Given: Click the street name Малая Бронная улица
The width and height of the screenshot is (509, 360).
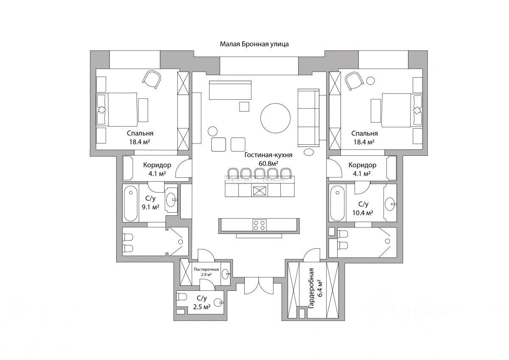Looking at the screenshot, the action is (x=254, y=44).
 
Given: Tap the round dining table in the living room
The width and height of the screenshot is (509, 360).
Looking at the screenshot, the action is (x=276, y=119).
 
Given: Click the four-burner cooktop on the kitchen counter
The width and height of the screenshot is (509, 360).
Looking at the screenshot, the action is (x=260, y=225).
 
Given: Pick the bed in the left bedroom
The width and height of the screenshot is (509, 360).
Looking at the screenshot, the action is (x=122, y=110).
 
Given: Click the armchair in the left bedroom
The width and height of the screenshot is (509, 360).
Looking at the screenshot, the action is (x=152, y=79).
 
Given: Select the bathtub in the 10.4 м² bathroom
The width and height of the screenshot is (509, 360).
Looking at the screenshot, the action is (x=338, y=203).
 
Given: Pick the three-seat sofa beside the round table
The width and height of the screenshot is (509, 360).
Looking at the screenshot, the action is (x=308, y=117).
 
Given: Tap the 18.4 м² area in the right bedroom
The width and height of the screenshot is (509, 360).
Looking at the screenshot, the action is (x=364, y=142).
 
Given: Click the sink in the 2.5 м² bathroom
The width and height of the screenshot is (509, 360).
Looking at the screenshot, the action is (x=218, y=302).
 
